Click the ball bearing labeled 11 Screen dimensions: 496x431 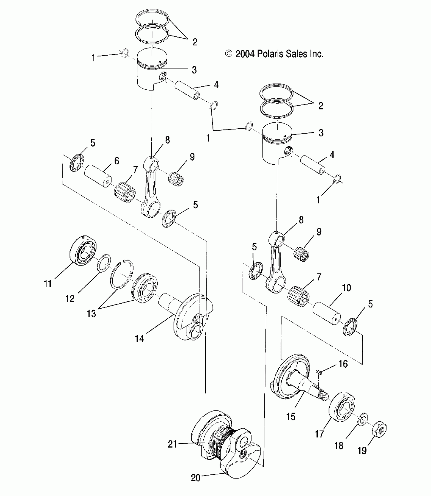click(x=83, y=251)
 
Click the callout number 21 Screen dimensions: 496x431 click(x=172, y=444)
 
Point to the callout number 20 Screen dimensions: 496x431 click(x=195, y=478)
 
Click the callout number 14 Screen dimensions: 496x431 click(x=139, y=338)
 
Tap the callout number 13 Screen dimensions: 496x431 click(x=91, y=314)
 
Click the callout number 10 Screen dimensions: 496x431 click(x=346, y=288)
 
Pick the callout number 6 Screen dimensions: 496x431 click(x=117, y=161)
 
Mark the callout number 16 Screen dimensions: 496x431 click(x=343, y=364)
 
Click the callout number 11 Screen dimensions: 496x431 click(x=48, y=284)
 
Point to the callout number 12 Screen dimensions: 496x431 click(x=70, y=299)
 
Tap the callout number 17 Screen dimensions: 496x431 click(x=319, y=434)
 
